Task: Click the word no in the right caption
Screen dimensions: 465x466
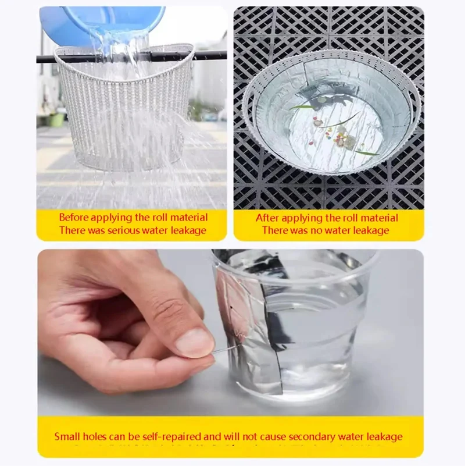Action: [316, 230]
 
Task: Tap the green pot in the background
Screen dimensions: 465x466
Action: [56, 119]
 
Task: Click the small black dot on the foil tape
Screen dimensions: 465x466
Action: [231, 308]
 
